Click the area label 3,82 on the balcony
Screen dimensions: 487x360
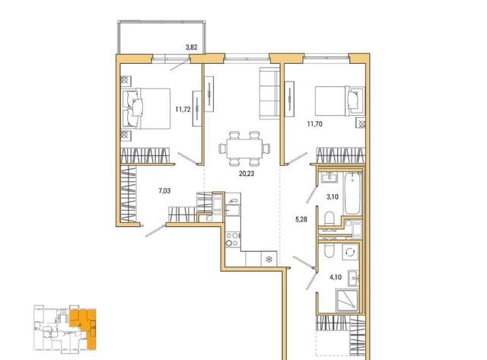(191, 47)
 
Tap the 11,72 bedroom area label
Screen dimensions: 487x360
(183, 110)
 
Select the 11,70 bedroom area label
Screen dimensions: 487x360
(314, 124)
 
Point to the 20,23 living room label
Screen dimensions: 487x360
(247, 174)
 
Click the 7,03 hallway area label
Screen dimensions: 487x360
(164, 191)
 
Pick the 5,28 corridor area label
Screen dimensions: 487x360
(301, 220)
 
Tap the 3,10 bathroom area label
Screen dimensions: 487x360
(333, 196)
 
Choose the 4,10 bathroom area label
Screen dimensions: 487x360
(336, 277)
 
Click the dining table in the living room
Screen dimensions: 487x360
(244, 148)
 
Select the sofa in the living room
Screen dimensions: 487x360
(270, 93)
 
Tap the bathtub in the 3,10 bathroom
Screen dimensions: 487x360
(352, 193)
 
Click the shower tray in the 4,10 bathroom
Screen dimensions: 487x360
(347, 301)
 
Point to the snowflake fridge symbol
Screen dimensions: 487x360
(269, 259)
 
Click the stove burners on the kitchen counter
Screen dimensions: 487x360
(233, 239)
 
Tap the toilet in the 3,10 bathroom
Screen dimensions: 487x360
(329, 218)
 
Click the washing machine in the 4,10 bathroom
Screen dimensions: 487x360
(350, 252)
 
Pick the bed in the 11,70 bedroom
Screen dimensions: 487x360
(339, 101)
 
